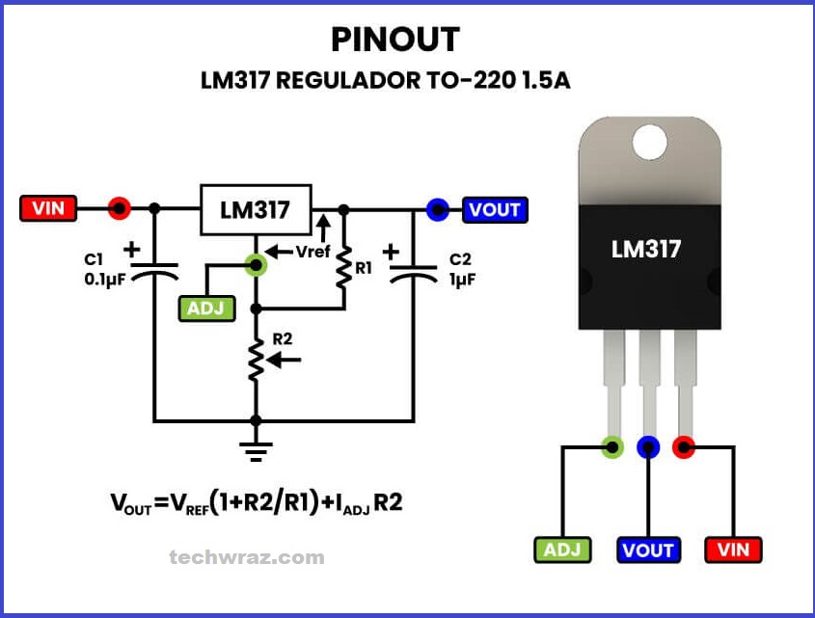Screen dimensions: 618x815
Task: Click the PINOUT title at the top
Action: [x=395, y=40]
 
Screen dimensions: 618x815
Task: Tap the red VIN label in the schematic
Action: [x=47, y=208]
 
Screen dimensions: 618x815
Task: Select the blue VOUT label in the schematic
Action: [x=495, y=209]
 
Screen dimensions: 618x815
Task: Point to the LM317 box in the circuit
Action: [x=256, y=209]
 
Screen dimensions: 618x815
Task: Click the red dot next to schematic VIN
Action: [x=119, y=208]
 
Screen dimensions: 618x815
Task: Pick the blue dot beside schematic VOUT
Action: [x=438, y=209]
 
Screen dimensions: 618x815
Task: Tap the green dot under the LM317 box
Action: [x=256, y=263]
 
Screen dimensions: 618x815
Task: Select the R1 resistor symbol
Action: [x=342, y=271]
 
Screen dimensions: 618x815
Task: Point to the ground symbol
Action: [x=256, y=449]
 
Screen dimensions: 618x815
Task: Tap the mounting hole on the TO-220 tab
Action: [x=649, y=142]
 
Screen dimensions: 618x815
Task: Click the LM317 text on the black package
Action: [x=646, y=249]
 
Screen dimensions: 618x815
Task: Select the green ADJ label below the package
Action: [x=562, y=550]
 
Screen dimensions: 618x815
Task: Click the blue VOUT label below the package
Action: [x=648, y=550]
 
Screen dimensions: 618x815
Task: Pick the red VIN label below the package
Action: [x=734, y=550]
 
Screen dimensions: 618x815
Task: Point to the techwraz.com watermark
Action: [x=246, y=557]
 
